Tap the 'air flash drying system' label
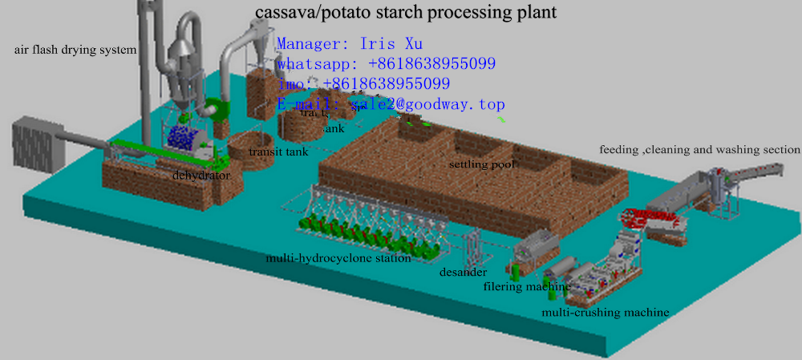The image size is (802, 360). click(x=75, y=50)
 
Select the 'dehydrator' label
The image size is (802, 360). click(x=201, y=175)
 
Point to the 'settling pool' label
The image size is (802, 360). click(x=481, y=164)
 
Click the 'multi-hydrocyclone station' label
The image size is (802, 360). click(x=338, y=258)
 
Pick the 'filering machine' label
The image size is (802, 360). click(x=527, y=286)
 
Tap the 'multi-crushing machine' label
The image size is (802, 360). click(x=605, y=312)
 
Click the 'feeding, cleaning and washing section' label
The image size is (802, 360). click(x=699, y=149)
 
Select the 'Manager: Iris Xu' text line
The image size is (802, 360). click(x=349, y=43)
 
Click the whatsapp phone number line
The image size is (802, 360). click(x=386, y=63)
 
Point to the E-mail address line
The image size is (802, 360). click(x=391, y=104)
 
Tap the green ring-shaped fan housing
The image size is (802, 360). click(x=215, y=112)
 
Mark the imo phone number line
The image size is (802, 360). click(x=363, y=83)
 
